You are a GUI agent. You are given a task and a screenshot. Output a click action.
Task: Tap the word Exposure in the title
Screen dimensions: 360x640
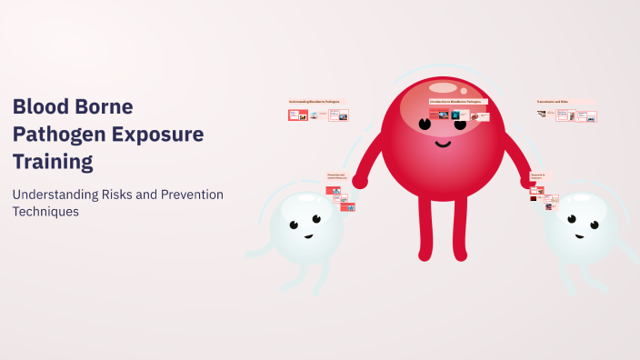pos(152,135)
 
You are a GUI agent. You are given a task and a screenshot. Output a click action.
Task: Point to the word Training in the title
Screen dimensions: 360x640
pos(53,163)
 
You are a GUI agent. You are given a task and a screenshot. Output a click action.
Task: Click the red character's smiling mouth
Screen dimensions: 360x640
pos(442,143)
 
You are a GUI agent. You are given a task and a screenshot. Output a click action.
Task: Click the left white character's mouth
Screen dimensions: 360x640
pos(308,236)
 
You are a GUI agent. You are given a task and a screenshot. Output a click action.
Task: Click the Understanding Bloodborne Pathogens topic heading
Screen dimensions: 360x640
pos(315,101)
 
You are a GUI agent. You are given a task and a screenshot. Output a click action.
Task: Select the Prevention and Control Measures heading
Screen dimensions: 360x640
pos(337,176)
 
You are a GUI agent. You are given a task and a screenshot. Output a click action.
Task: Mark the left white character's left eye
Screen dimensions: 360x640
pos(294,225)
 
